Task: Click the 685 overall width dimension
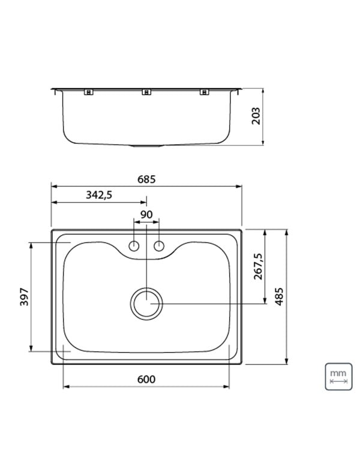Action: (146, 179)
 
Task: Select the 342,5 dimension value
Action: (99, 195)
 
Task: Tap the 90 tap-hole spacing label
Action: (146, 215)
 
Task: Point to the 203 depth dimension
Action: (256, 116)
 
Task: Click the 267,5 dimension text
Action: (258, 266)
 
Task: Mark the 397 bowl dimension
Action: (24, 297)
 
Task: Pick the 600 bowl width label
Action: (146, 379)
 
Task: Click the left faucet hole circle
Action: (134, 246)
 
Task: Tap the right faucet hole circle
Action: (159, 246)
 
